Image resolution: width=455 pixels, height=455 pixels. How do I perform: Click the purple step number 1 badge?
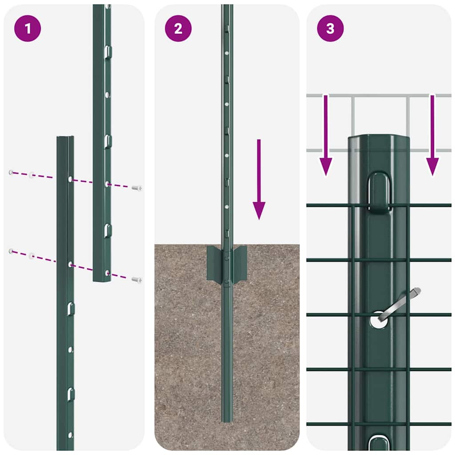point(28,28)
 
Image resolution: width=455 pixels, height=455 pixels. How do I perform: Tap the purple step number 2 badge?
point(178,28)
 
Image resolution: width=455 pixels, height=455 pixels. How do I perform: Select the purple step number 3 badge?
point(330,28)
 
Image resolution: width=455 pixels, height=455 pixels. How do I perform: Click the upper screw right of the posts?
point(137,188)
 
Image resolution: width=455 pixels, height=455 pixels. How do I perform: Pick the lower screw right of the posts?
point(137,279)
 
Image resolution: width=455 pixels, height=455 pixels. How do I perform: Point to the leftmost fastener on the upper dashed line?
point(11,172)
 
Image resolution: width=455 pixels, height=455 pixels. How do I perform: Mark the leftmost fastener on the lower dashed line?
point(11,251)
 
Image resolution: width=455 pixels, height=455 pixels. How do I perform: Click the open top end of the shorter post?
point(65,138)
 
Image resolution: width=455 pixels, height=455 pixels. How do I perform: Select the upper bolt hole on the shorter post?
point(70,179)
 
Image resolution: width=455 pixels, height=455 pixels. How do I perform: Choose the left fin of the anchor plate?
point(214,265)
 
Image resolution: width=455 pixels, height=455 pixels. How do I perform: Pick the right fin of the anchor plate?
point(240,264)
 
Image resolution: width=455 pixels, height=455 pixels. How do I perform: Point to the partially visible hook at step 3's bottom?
point(379,443)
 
